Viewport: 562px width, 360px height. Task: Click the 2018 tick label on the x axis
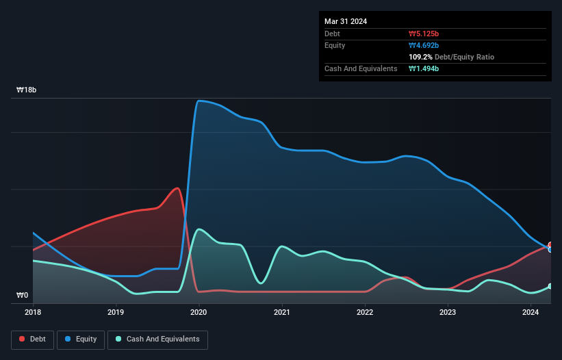click(x=33, y=313)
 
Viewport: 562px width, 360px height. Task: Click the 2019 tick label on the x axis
click(x=116, y=313)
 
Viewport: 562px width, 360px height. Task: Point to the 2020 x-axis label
click(x=199, y=313)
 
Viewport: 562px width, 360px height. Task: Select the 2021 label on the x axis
click(x=281, y=313)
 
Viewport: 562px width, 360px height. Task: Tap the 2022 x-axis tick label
click(x=364, y=313)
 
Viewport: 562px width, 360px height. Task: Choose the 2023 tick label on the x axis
click(x=447, y=313)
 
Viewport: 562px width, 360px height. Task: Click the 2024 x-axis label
click(x=530, y=313)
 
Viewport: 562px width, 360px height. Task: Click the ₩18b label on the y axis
click(x=27, y=90)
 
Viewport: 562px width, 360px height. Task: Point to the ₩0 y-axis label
click(x=23, y=296)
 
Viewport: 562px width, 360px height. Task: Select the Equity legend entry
click(x=81, y=339)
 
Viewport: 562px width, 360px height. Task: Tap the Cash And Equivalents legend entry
click(x=157, y=339)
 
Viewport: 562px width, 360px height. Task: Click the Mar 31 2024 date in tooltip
click(x=346, y=21)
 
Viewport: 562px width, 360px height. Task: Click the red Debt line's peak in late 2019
click(x=178, y=188)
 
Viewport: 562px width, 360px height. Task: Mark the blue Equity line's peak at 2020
click(x=199, y=101)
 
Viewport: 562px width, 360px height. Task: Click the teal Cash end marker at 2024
click(x=550, y=286)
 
